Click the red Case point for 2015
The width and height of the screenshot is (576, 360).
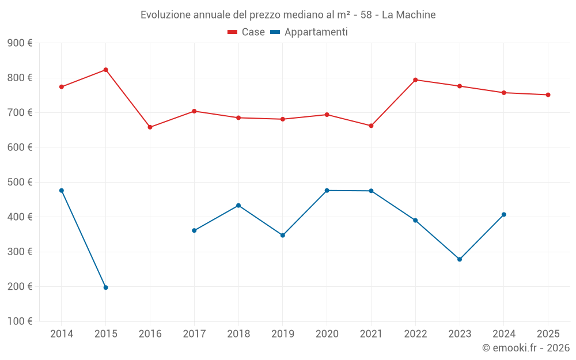click(106, 70)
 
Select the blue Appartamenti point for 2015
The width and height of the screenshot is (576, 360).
click(106, 287)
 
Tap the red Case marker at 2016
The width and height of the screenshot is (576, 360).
click(150, 127)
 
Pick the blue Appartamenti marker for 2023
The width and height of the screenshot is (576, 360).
click(460, 259)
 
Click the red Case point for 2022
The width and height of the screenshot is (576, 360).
click(415, 80)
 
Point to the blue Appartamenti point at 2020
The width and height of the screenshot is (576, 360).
click(327, 191)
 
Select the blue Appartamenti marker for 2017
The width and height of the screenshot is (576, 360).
click(194, 230)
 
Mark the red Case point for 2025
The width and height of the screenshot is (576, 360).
click(548, 95)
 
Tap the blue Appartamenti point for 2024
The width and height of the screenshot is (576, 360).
click(504, 214)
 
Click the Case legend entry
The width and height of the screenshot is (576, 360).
click(247, 32)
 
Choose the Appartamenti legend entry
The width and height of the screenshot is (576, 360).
click(309, 32)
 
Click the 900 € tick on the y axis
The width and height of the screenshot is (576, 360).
click(20, 43)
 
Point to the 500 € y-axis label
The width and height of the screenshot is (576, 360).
click(20, 182)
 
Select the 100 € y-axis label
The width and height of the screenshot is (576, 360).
click(20, 321)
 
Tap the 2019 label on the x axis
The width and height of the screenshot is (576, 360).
click(282, 334)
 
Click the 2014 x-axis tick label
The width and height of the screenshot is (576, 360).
click(62, 334)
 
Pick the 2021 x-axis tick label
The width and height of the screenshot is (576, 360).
click(371, 334)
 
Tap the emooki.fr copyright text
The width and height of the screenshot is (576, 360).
click(526, 348)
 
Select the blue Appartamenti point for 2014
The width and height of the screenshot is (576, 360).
click(62, 191)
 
